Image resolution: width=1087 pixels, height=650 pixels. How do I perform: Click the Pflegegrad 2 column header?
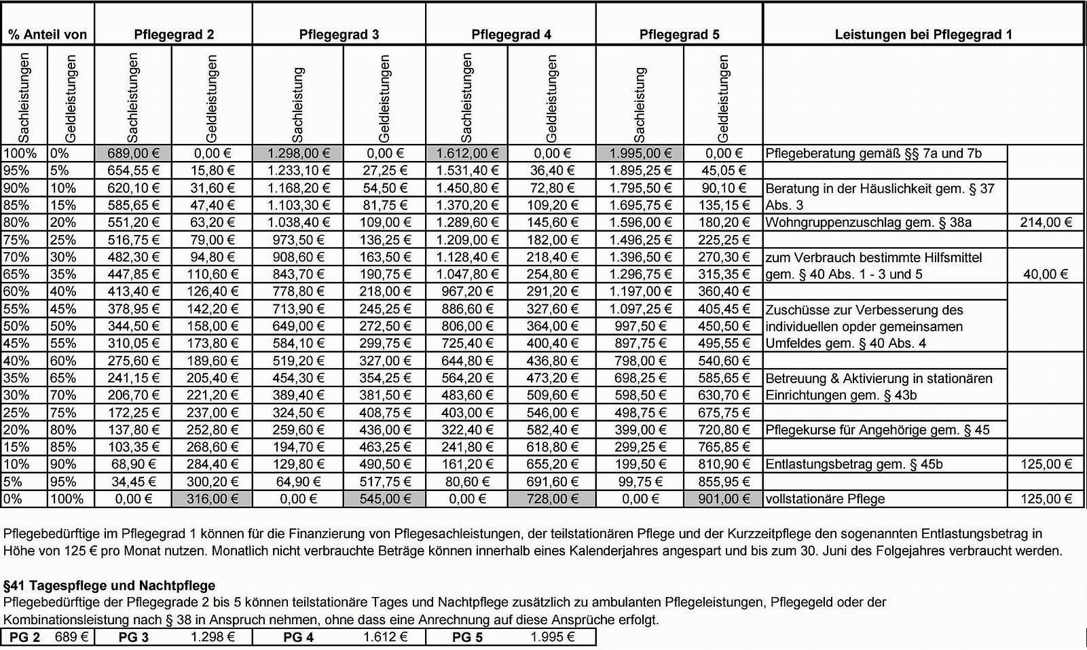coord(174,35)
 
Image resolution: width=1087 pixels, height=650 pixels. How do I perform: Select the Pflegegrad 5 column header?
coord(679,35)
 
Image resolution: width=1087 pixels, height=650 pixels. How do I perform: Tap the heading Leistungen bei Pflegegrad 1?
coord(923,35)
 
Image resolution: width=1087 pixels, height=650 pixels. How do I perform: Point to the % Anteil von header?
coord(48,35)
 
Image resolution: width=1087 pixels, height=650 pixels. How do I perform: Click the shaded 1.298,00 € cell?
coord(298,154)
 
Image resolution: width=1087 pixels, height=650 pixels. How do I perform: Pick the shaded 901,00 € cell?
coord(724,499)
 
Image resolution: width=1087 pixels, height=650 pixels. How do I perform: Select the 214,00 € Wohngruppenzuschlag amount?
coord(1046,223)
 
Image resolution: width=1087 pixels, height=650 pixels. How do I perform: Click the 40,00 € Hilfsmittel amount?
coord(1046,274)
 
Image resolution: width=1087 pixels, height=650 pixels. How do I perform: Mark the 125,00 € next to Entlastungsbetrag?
coord(1046,465)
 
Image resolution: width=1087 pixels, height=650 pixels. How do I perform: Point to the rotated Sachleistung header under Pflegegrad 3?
coord(297,104)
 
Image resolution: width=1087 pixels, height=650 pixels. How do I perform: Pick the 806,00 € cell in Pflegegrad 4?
coord(466,327)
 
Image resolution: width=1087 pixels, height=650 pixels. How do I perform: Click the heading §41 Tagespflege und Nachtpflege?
coord(109,585)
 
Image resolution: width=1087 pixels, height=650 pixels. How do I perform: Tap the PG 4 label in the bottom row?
coord(298,637)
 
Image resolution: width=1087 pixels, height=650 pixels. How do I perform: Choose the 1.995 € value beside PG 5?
coord(552,637)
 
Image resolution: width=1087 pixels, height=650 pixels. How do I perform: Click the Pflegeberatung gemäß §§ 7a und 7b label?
coord(873,154)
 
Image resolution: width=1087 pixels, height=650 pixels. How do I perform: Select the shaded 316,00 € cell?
coord(211,499)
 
